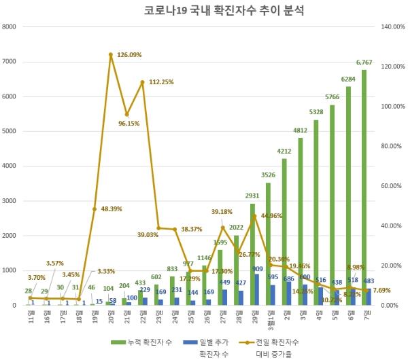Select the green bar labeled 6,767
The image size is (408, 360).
364,187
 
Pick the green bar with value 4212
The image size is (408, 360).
284,232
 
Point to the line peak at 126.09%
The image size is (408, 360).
110,54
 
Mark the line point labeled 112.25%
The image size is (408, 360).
142,82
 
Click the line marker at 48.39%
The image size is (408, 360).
94,209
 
